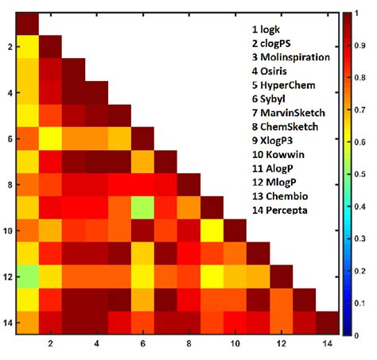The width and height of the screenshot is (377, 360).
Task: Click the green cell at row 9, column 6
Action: pos(142,209)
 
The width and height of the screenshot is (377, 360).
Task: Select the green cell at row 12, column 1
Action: pos(28,278)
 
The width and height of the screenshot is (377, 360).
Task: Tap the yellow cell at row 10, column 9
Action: pos(212,232)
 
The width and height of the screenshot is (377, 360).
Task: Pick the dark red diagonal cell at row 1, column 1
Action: pos(28,24)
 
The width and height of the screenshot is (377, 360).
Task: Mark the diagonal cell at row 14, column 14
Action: pos(327,324)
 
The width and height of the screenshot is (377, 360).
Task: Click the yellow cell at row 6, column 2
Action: pos(51,140)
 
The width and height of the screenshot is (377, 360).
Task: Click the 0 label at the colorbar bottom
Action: pos(359,336)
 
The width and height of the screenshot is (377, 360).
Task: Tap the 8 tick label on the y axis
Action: pos(8,186)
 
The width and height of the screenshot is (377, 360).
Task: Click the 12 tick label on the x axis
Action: pos(281,345)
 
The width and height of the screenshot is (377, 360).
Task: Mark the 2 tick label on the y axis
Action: pos(8,47)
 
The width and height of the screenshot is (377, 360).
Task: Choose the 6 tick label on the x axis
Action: pos(142,345)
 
